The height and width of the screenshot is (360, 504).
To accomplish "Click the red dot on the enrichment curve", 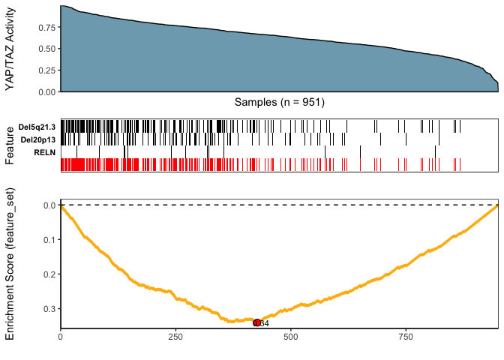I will [256, 322].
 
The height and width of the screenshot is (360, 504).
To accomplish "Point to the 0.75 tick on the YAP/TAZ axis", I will [46, 28].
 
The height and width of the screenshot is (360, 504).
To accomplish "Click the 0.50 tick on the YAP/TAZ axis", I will [46, 49].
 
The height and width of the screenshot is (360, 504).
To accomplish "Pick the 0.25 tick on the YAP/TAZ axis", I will [46, 70].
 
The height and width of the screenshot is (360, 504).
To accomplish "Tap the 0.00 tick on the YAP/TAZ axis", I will [46, 91].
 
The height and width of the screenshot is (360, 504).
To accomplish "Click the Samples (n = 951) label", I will [279, 101].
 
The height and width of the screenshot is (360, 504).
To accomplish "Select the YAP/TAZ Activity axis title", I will [10, 49].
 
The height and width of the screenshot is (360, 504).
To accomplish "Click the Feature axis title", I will [10, 145].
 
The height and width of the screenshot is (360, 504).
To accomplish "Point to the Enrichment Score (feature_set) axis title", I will [10, 263].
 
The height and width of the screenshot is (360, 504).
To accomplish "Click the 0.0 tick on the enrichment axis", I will [49, 205].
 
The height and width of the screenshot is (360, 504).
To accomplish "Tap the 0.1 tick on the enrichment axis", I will [49, 239].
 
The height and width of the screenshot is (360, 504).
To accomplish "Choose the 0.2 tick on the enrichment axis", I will [49, 274].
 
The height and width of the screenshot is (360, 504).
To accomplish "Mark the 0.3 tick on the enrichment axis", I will [49, 308].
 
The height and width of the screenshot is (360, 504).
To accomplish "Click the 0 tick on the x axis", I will [61, 337].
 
